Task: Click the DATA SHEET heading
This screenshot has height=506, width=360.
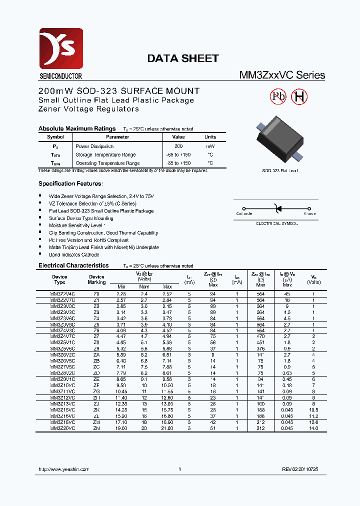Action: point(182,58)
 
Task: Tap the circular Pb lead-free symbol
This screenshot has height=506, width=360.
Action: point(278,97)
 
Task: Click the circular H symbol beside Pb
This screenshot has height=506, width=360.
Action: point(299,97)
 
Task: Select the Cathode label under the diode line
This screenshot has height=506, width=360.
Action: point(244,213)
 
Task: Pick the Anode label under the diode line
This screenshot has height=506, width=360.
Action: point(309,213)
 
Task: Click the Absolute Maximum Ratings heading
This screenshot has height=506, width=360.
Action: point(77,128)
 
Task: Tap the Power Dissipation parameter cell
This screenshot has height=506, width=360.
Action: point(94,146)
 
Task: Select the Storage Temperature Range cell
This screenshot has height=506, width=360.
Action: point(105,155)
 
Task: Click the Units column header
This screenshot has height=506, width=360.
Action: point(210,137)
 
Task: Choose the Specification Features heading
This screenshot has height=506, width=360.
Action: point(70,183)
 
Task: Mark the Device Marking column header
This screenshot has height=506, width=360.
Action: point(96,279)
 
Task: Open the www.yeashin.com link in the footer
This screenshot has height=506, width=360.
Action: point(63,469)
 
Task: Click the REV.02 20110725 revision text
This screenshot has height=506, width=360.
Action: point(299,469)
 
